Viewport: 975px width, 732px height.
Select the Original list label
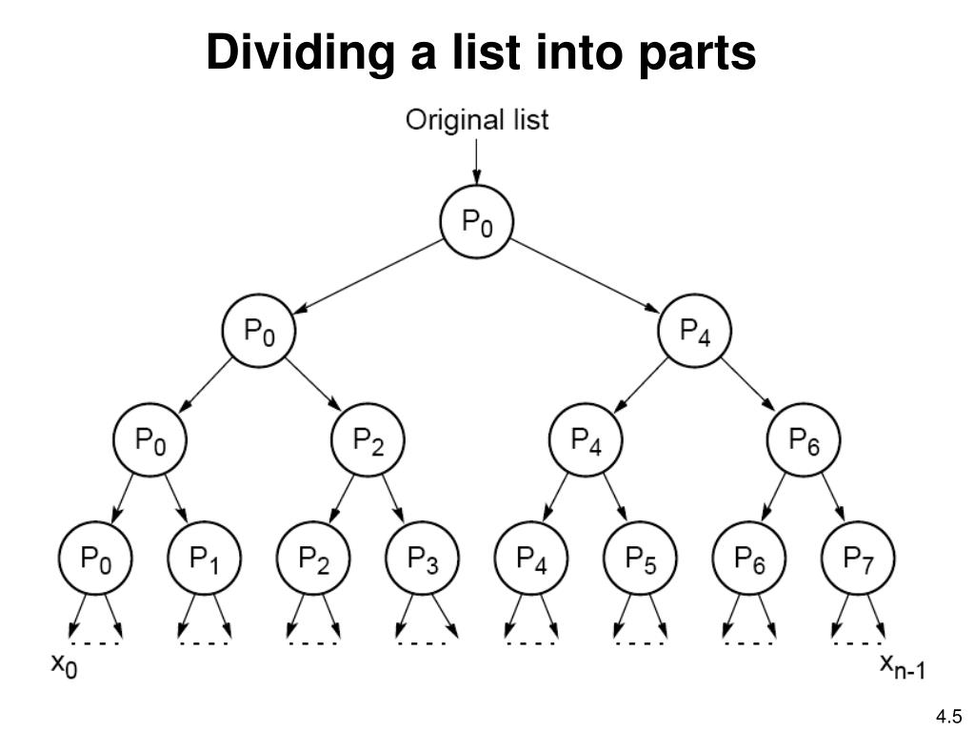477,120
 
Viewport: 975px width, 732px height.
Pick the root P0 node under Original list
476,223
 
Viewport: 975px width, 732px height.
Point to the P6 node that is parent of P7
804,441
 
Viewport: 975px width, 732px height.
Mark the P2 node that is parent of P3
368,441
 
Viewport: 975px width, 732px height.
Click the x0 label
64,666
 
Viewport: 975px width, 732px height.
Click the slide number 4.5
948,716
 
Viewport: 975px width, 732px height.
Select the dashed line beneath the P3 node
422,642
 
